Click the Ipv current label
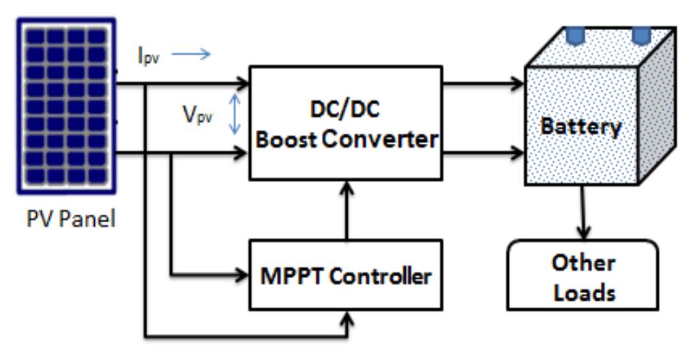tap(148, 57)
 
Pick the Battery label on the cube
tap(580, 127)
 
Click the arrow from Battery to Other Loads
tap(582, 211)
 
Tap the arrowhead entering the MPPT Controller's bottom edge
tap(349, 317)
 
